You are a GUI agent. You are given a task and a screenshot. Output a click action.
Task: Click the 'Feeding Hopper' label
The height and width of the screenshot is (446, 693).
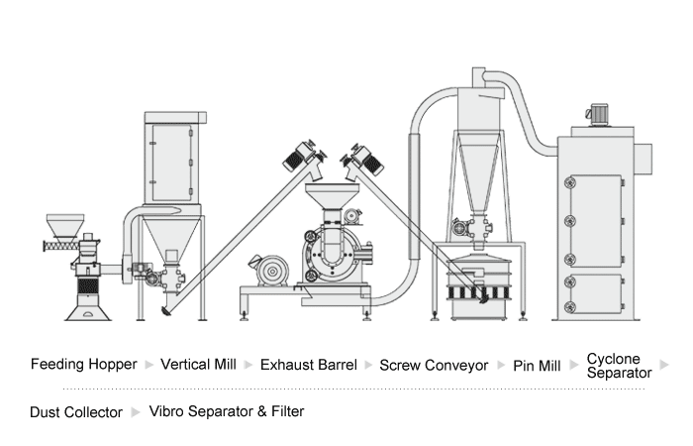coord(83,365)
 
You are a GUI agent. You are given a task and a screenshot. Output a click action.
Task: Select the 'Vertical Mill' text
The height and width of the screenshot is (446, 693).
coord(198,365)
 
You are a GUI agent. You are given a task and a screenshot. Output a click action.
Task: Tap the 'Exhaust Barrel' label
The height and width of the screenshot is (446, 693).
coord(308,365)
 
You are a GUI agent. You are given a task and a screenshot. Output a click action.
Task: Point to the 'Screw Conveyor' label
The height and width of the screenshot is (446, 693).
coord(434,365)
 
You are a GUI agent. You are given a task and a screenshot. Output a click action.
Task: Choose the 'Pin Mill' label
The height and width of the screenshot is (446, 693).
coord(537,365)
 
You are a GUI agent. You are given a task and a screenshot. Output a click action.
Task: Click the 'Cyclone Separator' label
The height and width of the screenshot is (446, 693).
coord(619,366)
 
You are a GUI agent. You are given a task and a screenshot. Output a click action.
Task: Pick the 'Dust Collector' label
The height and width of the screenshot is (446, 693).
coord(76,411)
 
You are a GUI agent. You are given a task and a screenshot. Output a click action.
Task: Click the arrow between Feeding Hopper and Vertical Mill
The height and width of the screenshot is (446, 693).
coord(148,365)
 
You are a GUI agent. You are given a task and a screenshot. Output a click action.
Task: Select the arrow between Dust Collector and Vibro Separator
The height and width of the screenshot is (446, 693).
coord(136,411)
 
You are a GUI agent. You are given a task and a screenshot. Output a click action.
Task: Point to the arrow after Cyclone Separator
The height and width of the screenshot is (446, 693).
coord(664,365)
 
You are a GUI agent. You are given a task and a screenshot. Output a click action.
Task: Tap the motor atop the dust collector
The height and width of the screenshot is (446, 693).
coord(598,115)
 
